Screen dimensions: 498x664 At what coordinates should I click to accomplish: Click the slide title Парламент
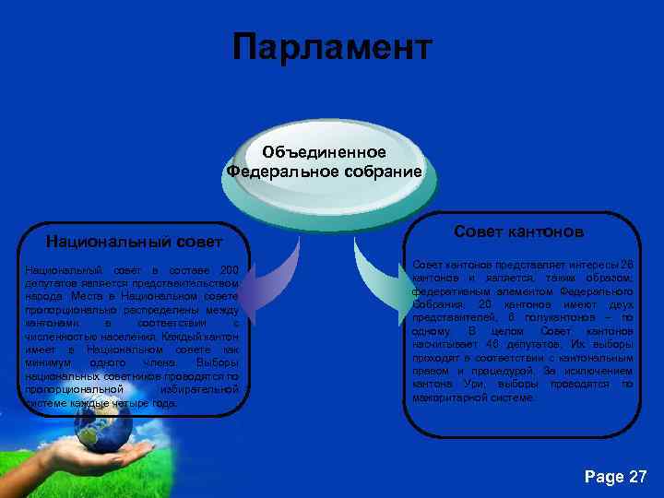pyautogui.click(x=331, y=46)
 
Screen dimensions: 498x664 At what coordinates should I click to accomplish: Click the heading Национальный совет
pyautogui.click(x=136, y=242)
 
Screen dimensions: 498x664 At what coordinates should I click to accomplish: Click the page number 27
pyautogui.click(x=636, y=476)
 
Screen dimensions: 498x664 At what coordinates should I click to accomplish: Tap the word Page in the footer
pyautogui.click(x=603, y=476)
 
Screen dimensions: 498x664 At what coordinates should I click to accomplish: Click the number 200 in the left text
pyautogui.click(x=230, y=269)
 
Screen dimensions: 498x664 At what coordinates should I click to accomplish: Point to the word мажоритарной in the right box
pyautogui.click(x=453, y=397)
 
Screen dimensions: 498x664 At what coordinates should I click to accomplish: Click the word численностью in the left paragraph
pyautogui.click(x=60, y=337)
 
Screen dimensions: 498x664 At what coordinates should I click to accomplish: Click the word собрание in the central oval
pyautogui.click(x=377, y=171)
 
